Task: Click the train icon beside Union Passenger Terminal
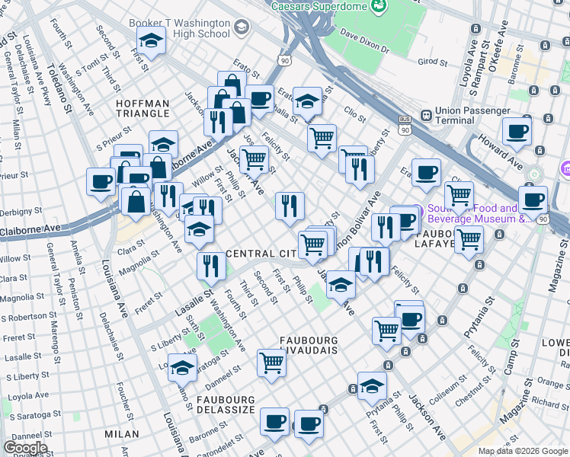pos(426,116)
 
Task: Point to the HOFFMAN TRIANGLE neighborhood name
pos(142,108)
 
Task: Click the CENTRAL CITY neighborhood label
pos(261,253)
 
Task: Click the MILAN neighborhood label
pos(123,433)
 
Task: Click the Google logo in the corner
pos(25,448)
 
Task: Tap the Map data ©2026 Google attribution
pos(523,451)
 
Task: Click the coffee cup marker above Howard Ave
pos(516,132)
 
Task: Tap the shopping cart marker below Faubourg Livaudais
pos(271,363)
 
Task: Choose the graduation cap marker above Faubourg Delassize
pos(182,368)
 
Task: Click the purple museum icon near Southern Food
pos(411,213)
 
